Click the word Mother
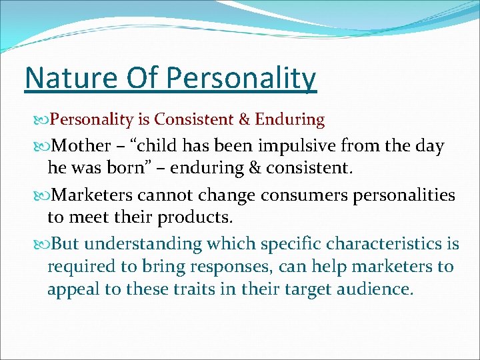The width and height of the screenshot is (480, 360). [x=81, y=146]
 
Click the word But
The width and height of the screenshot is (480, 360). [x=66, y=244]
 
